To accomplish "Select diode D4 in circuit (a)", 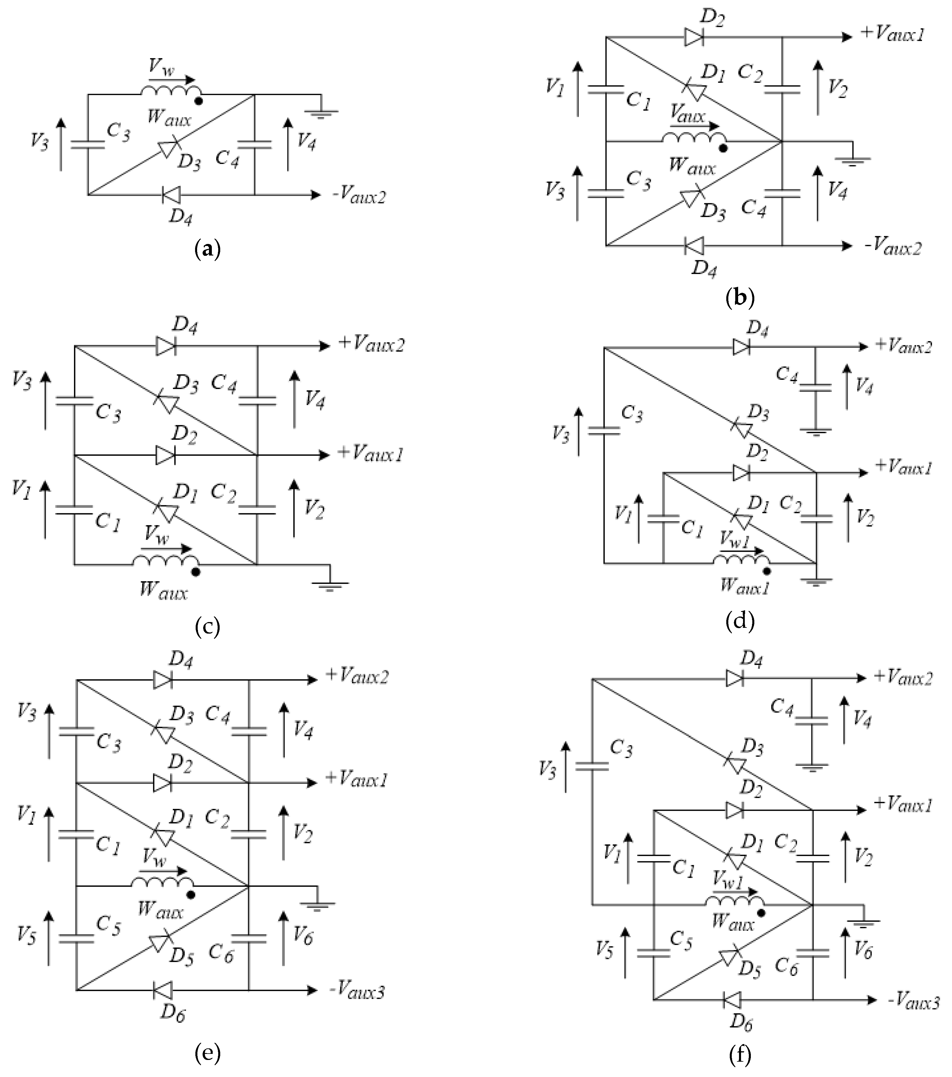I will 171,195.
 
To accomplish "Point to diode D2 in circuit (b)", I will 694,37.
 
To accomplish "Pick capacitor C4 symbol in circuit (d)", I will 815,387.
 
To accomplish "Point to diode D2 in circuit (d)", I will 741,473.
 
